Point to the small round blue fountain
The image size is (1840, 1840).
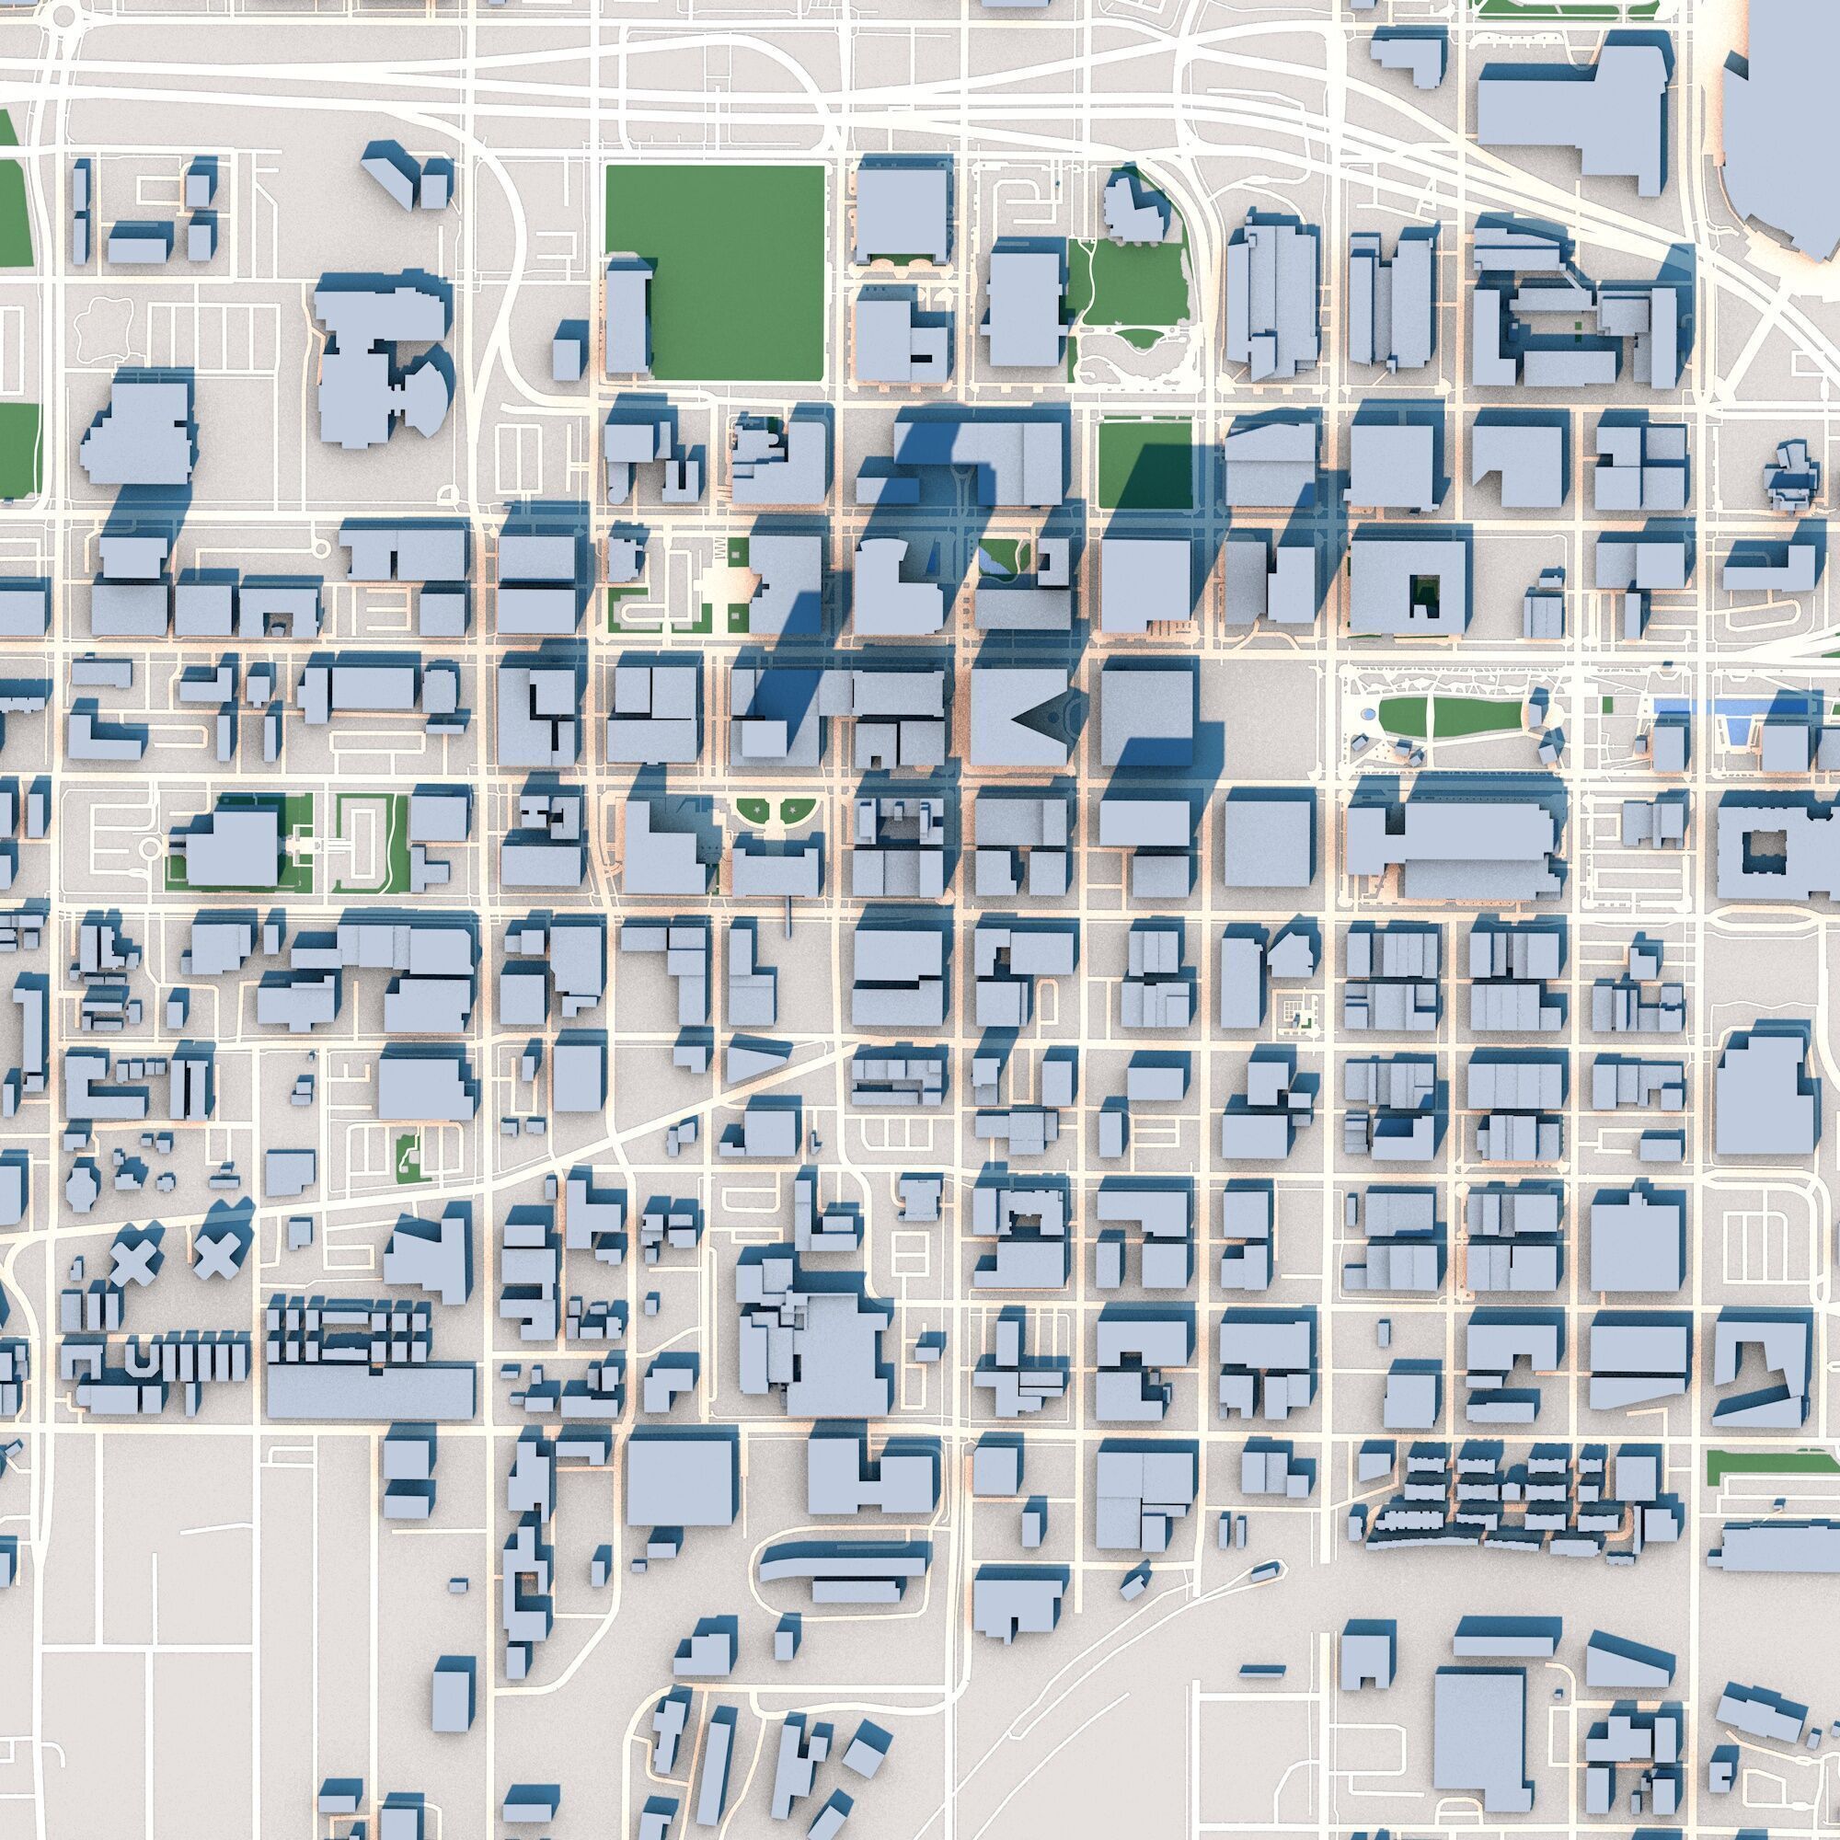point(1368,713)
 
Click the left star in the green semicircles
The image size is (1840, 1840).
point(756,811)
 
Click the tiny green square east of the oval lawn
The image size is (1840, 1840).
point(1607,706)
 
